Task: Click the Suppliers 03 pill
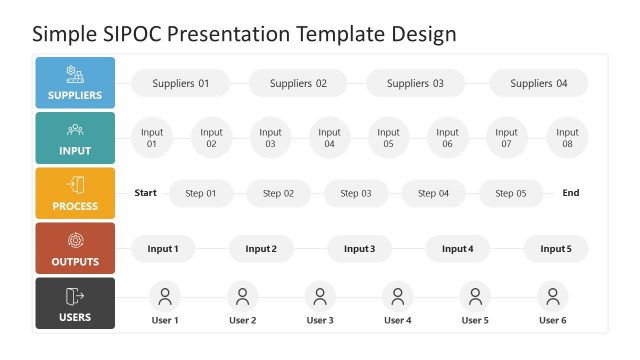pos(415,83)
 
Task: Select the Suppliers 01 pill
pos(180,83)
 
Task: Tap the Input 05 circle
pos(388,138)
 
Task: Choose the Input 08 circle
pos(567,138)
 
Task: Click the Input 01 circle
pos(152,138)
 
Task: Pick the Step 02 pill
pos(278,193)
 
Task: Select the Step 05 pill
pos(510,193)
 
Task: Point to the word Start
pos(146,193)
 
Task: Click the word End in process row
pos(570,193)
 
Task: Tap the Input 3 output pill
pos(359,248)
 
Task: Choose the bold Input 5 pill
pos(556,248)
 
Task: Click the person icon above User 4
pos(397,296)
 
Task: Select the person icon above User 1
pos(164,296)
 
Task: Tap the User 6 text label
pos(552,320)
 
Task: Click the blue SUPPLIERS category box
pos(75,83)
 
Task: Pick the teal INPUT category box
pos(75,138)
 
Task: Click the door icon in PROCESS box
pos(75,185)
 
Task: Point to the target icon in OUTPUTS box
pos(75,240)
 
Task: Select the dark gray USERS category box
pos(75,303)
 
